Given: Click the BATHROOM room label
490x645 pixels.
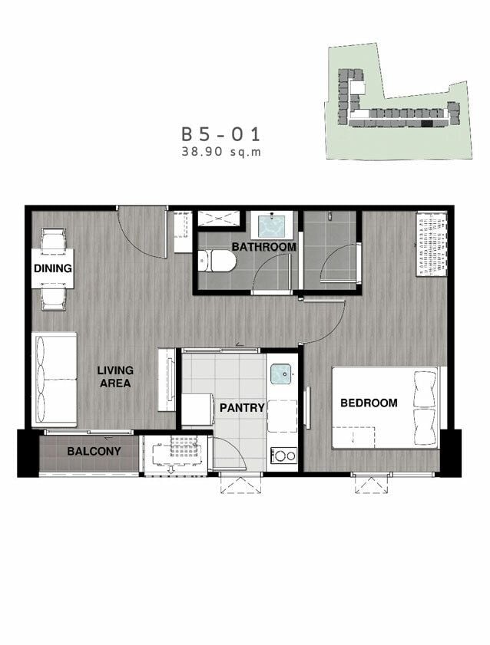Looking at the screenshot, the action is point(264,247).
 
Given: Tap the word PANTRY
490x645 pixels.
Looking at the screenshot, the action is point(242,408).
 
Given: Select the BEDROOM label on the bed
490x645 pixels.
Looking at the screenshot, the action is point(369,403).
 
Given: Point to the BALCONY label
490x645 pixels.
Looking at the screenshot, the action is point(94,451).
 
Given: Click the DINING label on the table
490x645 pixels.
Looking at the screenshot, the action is point(53,268).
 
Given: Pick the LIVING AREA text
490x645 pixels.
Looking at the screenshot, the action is point(115,377).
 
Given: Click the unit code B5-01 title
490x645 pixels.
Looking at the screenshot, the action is point(221,134).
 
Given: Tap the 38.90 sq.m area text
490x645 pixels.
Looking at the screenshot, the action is point(221,152).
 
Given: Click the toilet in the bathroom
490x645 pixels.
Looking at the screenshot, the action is point(217,262).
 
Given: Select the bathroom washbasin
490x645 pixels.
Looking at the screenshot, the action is point(272,225).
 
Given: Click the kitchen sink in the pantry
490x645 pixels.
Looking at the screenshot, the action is point(281,374).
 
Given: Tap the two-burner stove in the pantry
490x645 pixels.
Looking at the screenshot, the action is point(283,456).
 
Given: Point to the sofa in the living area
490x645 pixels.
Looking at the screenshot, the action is point(55,380).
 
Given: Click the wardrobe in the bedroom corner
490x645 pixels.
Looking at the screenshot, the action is point(432,244).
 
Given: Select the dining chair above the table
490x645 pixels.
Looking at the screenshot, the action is point(54,239).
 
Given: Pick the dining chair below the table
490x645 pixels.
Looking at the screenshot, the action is point(53,299).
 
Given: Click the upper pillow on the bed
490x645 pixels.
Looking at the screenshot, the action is point(425,389).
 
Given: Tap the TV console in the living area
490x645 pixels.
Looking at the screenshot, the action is point(167,380).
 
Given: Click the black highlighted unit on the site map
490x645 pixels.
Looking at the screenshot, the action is point(427,123).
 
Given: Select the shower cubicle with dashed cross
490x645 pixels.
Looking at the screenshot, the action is point(219,218).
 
